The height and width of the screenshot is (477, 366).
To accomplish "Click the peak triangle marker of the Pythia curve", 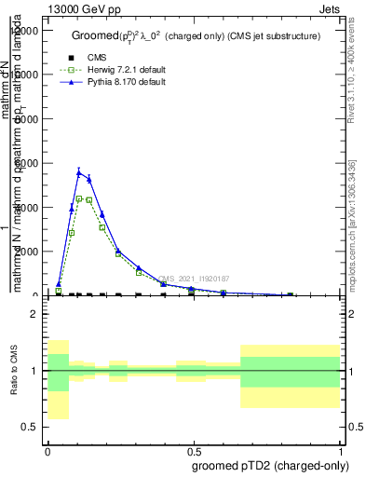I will pos(80,171).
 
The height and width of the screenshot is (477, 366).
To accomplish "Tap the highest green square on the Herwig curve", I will pos(80,198).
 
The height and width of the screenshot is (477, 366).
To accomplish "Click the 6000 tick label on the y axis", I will pos(28,163).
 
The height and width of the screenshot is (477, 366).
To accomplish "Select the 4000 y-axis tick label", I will pos(28,207).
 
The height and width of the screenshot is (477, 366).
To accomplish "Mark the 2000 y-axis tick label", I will pos(28,252).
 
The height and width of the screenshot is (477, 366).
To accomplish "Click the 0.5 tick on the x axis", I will pos(193,451).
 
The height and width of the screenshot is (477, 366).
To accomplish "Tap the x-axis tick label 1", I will pos(341,451).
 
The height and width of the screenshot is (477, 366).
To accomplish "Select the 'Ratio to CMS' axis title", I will pos(14,371).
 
